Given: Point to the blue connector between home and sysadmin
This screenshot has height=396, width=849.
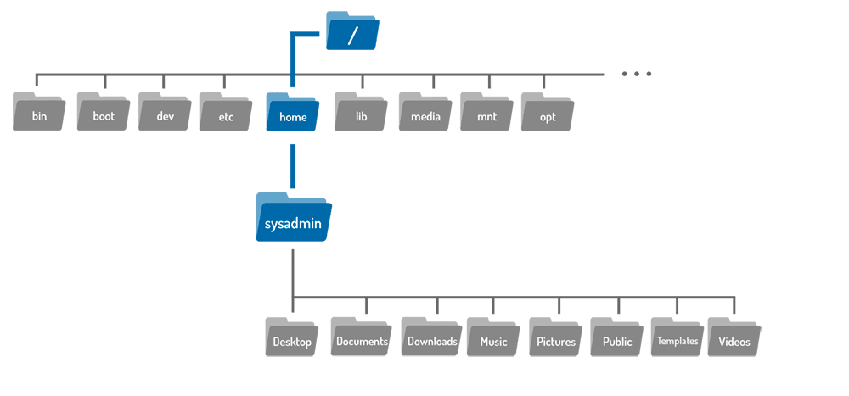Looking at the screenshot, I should (x=292, y=166).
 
